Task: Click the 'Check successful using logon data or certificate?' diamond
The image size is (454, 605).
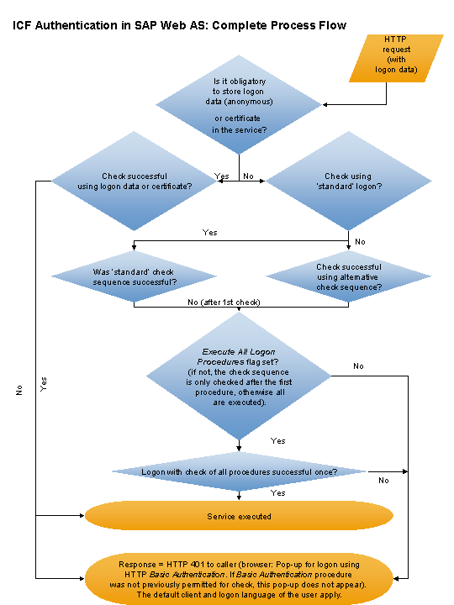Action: coord(135,181)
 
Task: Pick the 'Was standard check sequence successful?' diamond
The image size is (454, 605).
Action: coord(135,276)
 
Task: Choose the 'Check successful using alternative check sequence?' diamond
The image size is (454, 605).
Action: coord(348,276)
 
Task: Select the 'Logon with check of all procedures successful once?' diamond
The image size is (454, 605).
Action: coord(240,472)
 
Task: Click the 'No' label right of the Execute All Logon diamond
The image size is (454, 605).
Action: coord(358,366)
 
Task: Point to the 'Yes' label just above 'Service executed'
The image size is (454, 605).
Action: coord(277,493)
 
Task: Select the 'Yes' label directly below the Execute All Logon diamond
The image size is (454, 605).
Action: coord(277,440)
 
